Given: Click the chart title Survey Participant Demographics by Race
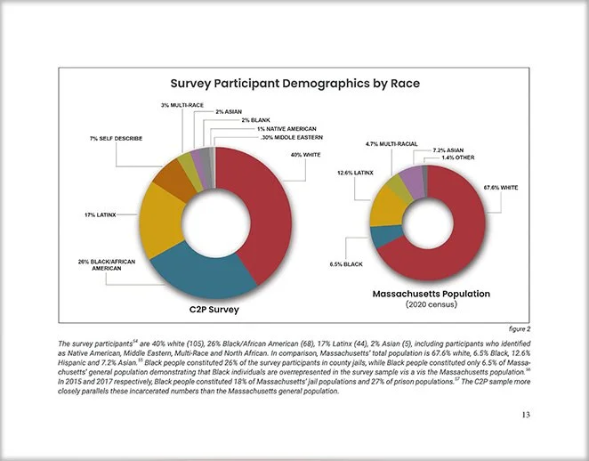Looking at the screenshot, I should point(294,84).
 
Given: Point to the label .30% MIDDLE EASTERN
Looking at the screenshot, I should point(291,138).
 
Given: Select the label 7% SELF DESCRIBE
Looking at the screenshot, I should point(117,139).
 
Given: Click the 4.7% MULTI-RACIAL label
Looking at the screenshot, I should point(392,143).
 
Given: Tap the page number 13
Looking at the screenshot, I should point(528,415).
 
